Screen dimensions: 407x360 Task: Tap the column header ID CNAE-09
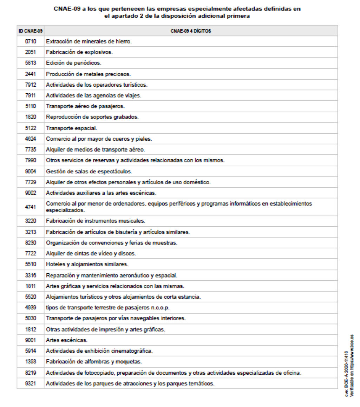[x=31, y=31]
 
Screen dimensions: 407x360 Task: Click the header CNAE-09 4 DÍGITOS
[x=191, y=31]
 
